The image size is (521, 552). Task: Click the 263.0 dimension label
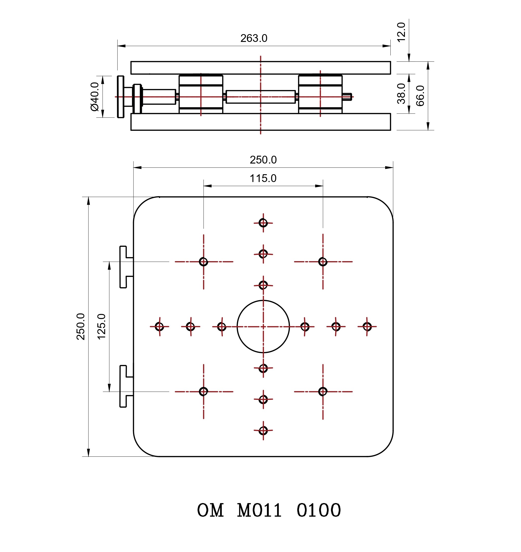coord(254,38)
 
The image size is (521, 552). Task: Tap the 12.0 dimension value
coord(401,32)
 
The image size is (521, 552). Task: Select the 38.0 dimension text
coord(401,94)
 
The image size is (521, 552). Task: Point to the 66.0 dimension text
coord(420,96)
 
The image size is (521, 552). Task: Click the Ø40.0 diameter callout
coord(95,97)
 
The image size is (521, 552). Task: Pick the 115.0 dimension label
coord(263,178)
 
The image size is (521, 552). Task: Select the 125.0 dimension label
coord(101,327)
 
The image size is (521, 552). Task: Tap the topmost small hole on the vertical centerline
coord(263,223)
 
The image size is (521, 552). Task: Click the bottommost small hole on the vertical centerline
coord(263,431)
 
